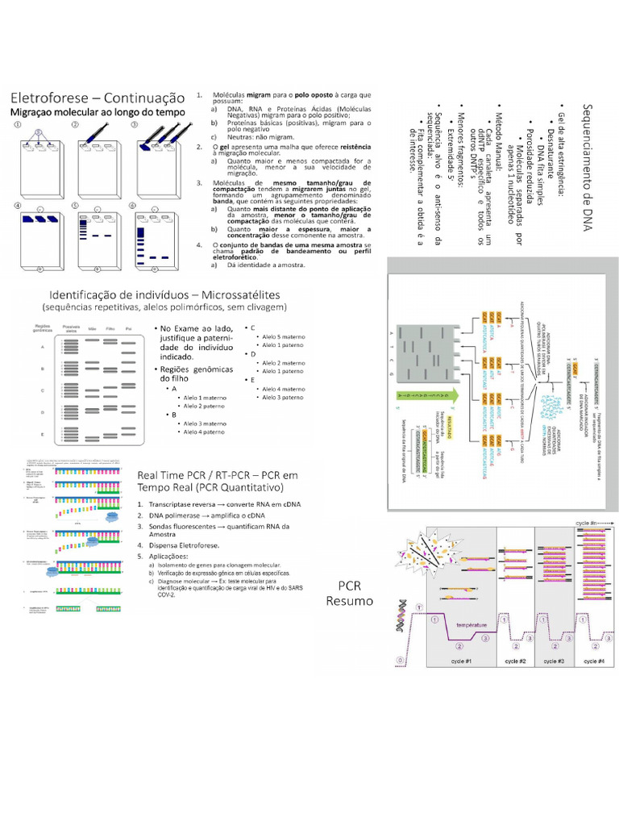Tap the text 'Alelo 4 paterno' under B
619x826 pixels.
point(205,432)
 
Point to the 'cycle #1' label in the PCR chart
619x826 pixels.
point(457,661)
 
